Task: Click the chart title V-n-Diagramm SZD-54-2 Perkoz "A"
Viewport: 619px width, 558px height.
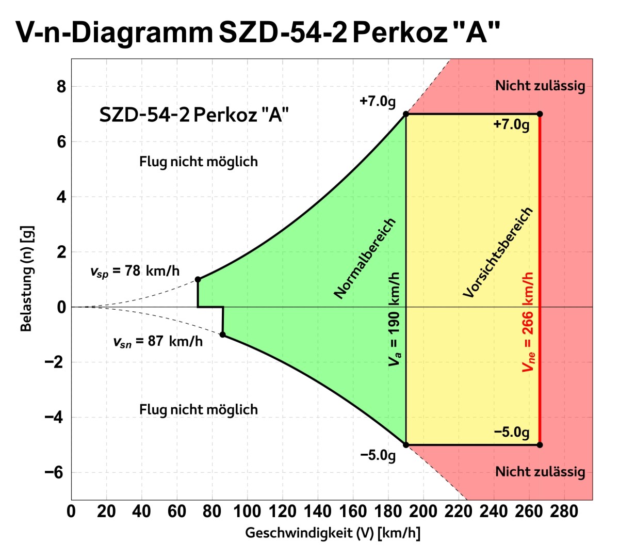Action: (258, 32)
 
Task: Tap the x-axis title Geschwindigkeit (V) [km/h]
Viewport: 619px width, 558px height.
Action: (332, 533)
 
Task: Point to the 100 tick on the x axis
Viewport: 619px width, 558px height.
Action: (247, 512)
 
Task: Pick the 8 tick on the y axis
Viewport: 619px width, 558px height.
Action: (61, 87)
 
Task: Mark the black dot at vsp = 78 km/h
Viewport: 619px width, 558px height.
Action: (198, 279)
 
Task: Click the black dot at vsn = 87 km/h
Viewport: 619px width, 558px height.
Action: (222, 334)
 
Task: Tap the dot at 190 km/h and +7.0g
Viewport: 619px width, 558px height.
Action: (405, 114)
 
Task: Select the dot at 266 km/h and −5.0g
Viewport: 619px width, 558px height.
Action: (540, 444)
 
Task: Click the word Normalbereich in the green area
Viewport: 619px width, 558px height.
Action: (365, 259)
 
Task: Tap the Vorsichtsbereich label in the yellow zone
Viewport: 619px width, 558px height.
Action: (497, 252)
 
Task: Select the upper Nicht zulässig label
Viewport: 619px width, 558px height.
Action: (540, 86)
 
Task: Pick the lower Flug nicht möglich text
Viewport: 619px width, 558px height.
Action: (198, 410)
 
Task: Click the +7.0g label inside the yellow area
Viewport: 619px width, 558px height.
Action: (511, 125)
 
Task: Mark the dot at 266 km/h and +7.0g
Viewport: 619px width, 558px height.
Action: (540, 114)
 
